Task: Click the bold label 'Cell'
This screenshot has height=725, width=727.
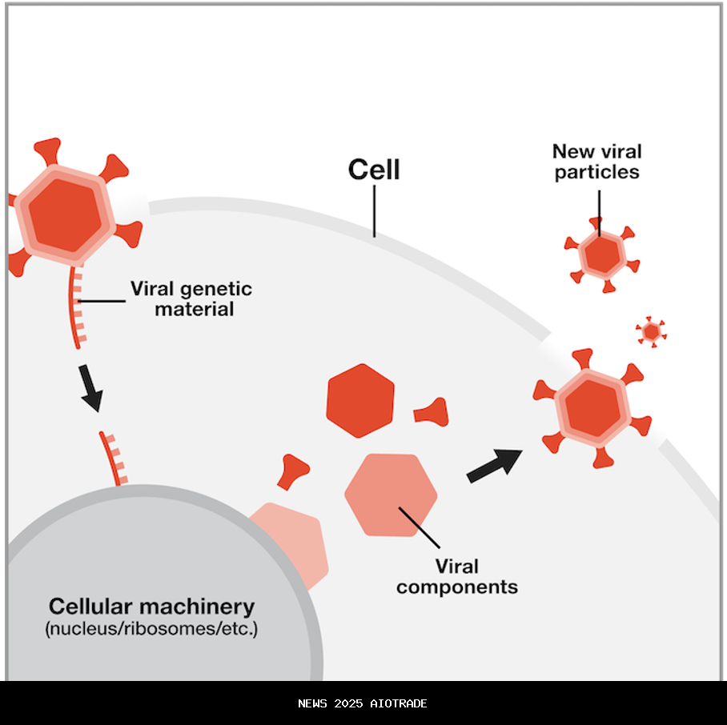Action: click(373, 170)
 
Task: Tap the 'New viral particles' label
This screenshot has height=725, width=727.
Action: click(596, 161)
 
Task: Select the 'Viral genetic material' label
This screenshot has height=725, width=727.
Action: click(191, 298)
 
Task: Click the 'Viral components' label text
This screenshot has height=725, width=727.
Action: click(457, 576)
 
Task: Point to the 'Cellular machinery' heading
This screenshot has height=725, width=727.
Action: click(152, 606)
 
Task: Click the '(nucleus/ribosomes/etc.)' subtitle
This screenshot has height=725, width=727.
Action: click(152, 629)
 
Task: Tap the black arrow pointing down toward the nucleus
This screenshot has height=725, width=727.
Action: click(91, 388)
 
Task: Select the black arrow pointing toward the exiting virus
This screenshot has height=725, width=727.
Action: click(494, 465)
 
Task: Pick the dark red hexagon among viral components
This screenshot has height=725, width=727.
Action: click(360, 400)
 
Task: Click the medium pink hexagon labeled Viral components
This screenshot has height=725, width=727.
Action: click(391, 494)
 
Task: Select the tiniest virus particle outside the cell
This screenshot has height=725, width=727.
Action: click(651, 330)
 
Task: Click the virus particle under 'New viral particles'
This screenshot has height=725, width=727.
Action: click(600, 254)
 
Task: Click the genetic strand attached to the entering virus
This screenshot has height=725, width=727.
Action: click(77, 308)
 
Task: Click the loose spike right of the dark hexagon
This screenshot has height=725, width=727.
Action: click(432, 412)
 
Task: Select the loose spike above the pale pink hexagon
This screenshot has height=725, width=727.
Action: click(293, 471)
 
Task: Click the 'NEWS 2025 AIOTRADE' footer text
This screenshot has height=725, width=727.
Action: click(363, 703)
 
